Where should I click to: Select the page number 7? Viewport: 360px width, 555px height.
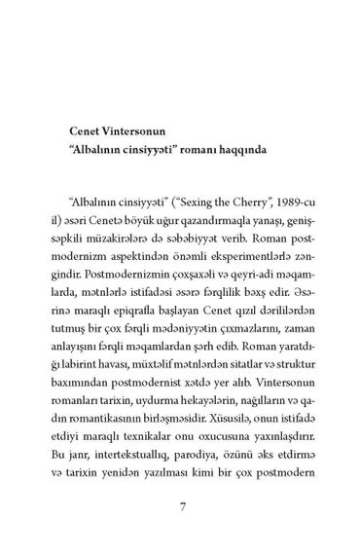click(179, 506)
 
